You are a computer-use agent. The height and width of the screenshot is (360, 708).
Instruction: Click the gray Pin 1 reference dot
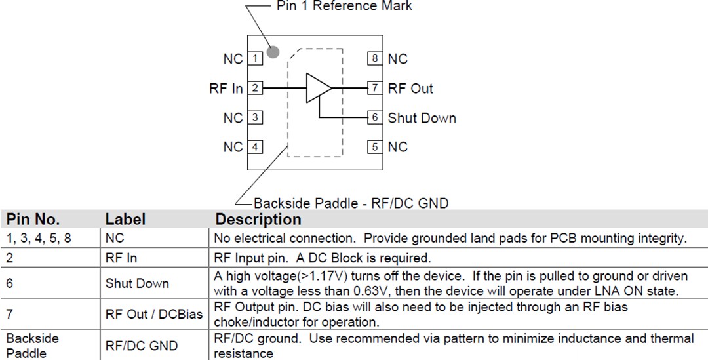click(x=273, y=52)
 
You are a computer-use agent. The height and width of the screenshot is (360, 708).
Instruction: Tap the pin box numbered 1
click(x=255, y=59)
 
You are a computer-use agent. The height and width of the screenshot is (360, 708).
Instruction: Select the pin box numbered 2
click(x=255, y=88)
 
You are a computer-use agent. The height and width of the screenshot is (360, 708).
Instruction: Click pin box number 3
click(x=255, y=118)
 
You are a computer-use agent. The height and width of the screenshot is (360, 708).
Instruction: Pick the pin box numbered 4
click(x=255, y=147)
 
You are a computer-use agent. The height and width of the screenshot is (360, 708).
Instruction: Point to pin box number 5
click(x=374, y=147)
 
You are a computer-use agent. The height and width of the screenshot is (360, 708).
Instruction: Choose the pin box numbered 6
click(x=374, y=118)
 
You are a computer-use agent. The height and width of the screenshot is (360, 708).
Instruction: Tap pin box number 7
click(x=374, y=88)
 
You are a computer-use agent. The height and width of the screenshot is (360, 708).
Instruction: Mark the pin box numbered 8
click(x=374, y=59)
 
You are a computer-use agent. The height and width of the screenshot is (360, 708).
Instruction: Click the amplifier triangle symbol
click(x=317, y=88)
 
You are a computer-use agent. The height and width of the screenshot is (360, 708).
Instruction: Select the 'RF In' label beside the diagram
click(x=226, y=88)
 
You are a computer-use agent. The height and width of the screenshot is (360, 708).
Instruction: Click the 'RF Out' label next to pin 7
click(x=410, y=88)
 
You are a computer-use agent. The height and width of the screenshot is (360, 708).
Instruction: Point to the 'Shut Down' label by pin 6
click(x=422, y=118)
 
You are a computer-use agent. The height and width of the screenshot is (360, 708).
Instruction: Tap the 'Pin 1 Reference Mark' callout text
click(x=344, y=7)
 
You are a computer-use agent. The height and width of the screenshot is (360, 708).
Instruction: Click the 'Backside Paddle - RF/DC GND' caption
click(x=351, y=203)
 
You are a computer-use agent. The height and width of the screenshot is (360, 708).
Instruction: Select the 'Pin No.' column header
click(x=33, y=219)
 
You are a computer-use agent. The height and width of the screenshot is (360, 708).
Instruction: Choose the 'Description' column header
click(x=258, y=219)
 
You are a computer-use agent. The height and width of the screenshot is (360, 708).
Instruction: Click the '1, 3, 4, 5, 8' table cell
click(x=39, y=239)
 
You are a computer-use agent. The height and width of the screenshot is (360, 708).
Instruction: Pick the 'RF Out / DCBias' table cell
click(x=154, y=314)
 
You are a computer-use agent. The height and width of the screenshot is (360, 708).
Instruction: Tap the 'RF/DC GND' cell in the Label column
click(x=142, y=346)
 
